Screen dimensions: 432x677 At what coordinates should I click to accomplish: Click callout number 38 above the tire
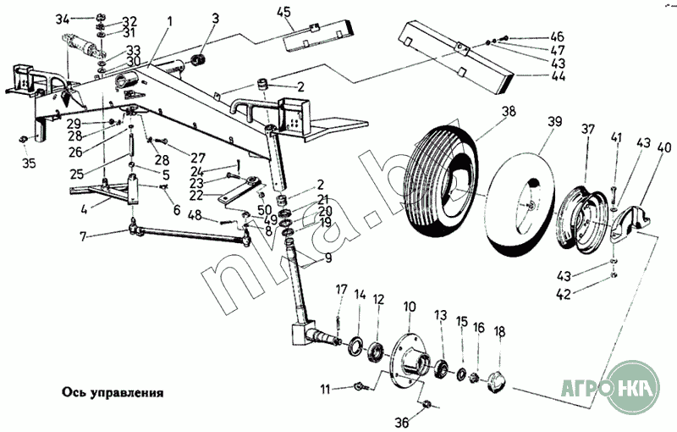pos(507,112)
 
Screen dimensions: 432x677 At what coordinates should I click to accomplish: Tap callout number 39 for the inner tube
pos(554,122)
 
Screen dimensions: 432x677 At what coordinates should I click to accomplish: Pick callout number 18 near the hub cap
pos(499,331)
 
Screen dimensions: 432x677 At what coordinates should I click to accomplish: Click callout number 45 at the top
pos(283,11)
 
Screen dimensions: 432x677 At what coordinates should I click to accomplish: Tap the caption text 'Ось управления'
pos(111,393)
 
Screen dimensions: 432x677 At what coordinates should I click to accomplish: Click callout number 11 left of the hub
pos(324,389)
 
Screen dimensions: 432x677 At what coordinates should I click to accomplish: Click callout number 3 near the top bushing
pos(215,18)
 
